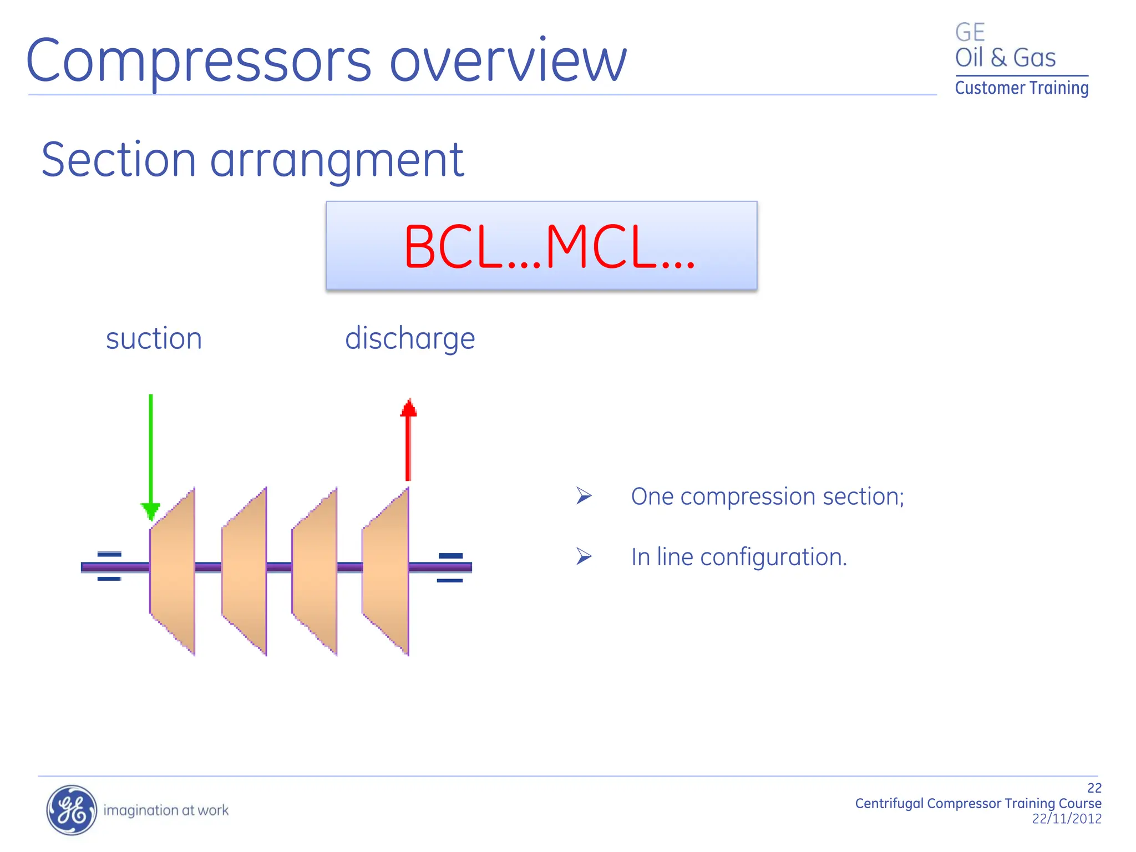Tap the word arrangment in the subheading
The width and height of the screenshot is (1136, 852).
tap(337, 160)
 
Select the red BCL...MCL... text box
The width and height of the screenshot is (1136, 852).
tap(541, 246)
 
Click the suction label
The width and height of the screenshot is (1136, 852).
tap(154, 338)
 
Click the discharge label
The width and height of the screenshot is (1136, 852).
tap(410, 338)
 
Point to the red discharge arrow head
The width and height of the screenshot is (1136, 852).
tap(408, 409)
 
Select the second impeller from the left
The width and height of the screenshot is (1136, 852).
tap(245, 571)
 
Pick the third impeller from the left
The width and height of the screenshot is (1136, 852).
tap(315, 571)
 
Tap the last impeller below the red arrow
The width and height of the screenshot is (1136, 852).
tap(386, 571)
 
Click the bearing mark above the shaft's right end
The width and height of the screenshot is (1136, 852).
tap(450, 555)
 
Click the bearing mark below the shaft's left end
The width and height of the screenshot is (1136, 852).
tap(109, 579)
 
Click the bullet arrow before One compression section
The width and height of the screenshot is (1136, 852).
tap(584, 495)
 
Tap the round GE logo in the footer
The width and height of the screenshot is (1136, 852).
tap(71, 810)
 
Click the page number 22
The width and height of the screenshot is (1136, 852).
tap(1094, 788)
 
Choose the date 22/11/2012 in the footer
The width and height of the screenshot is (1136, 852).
tap(1066, 819)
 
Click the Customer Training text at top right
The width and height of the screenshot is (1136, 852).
tap(1021, 88)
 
